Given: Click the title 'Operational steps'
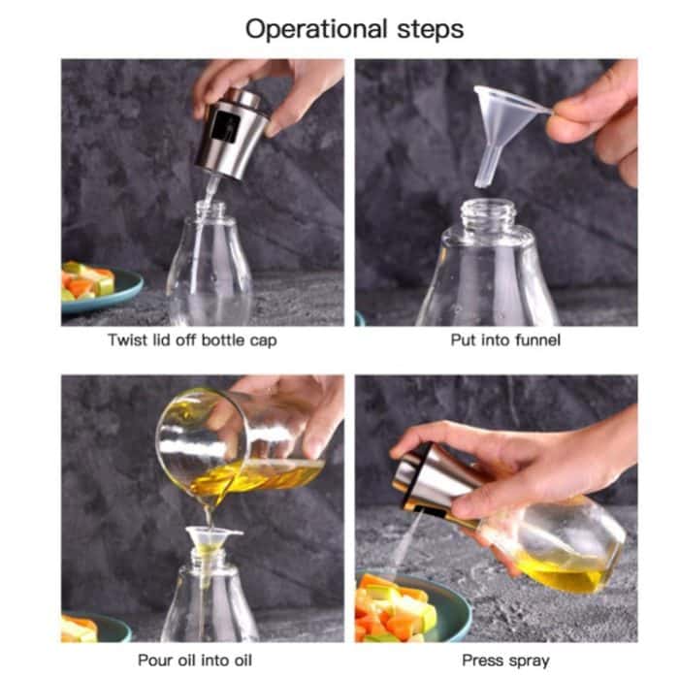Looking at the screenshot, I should click(x=354, y=28).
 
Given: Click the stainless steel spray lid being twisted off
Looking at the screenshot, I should click(x=232, y=135).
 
